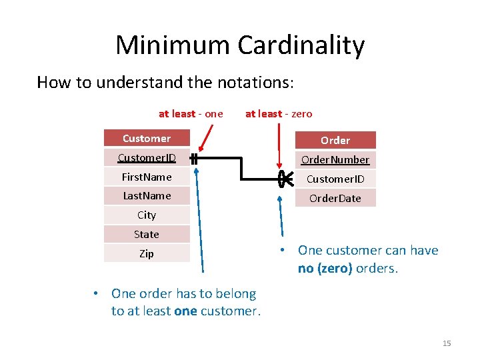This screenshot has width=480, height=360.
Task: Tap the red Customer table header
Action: click(x=147, y=139)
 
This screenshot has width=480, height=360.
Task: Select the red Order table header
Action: click(x=335, y=140)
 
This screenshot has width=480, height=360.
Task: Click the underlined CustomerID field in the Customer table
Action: click(x=147, y=158)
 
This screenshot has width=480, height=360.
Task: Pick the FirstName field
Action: click(x=147, y=177)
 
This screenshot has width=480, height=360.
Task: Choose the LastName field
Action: click(x=147, y=195)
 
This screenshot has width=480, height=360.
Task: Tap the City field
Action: click(x=147, y=215)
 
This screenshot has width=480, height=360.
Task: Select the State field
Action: click(x=147, y=234)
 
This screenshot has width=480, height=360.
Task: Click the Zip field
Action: click(x=147, y=253)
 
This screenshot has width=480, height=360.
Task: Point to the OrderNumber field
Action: click(x=335, y=159)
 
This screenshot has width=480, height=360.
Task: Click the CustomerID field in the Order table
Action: click(x=335, y=179)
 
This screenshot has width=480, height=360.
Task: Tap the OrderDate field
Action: click(x=335, y=198)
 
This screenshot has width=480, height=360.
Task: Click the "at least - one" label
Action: click(x=191, y=114)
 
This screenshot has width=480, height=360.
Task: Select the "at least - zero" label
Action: click(x=279, y=114)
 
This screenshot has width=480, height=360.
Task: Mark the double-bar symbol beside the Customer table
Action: click(x=193, y=159)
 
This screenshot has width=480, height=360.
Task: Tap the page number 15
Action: click(x=447, y=343)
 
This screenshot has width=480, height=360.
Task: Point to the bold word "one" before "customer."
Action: click(x=185, y=311)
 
